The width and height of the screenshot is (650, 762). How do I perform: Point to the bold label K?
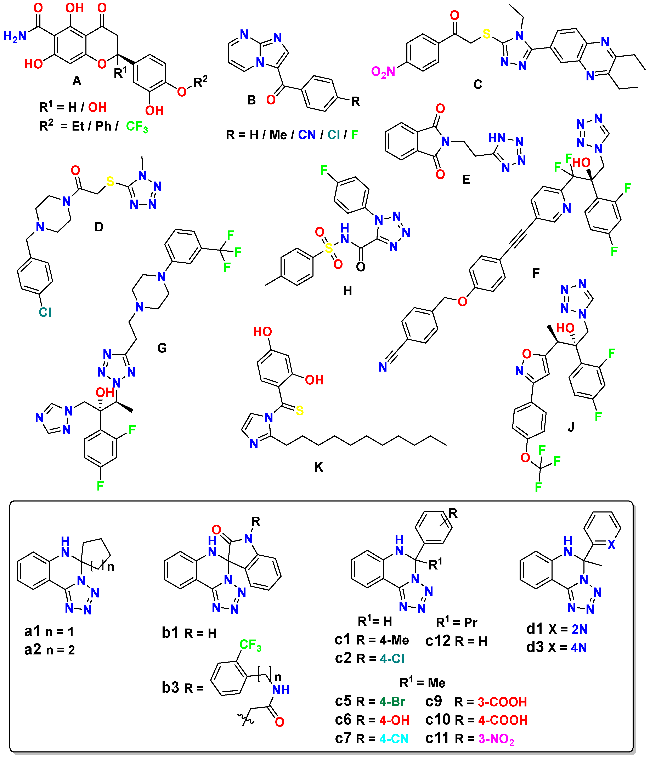tap(318, 467)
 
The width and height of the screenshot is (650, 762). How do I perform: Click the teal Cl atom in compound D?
tap(45, 312)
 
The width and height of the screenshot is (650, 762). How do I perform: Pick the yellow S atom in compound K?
tap(300, 410)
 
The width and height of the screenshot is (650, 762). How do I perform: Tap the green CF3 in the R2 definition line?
tap(137, 127)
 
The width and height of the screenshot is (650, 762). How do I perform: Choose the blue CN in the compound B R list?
tap(307, 135)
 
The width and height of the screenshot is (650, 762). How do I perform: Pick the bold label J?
tap(571, 427)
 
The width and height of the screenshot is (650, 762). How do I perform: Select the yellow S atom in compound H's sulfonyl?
tap(328, 249)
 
